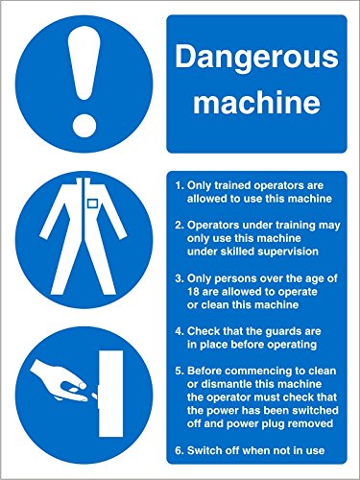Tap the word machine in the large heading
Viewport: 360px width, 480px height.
point(254,99)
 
